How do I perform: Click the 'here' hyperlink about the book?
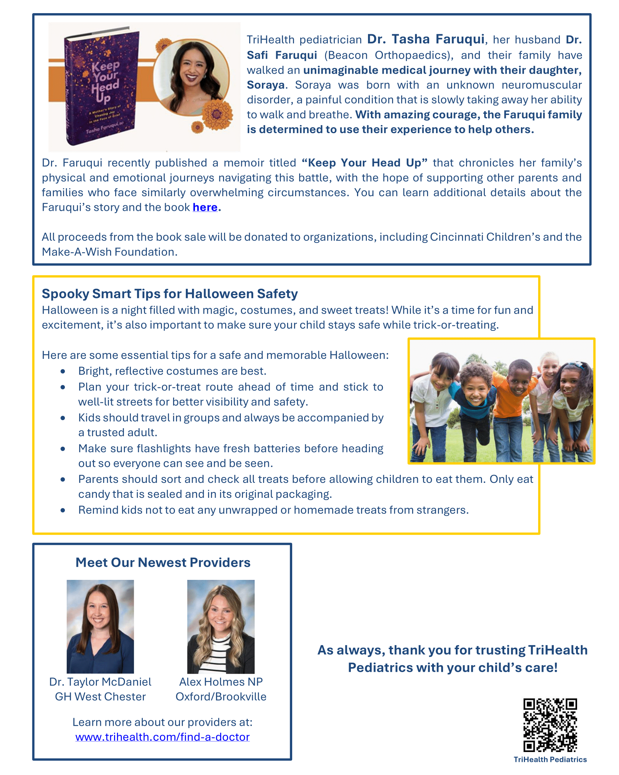point(205,207)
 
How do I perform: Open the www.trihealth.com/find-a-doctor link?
point(162,737)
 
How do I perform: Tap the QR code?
point(550,725)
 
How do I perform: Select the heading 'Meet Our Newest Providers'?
point(163,562)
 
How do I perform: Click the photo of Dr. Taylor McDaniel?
point(100,626)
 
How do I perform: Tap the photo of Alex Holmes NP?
point(221,626)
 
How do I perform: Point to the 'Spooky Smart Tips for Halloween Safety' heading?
point(170,294)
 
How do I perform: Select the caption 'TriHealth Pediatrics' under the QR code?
point(550,759)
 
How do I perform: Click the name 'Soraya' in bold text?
point(266,85)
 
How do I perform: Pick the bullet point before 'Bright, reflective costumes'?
point(63,371)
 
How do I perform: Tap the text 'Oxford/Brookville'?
point(221,697)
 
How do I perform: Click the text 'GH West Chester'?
point(100,697)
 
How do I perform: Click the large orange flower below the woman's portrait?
point(218,114)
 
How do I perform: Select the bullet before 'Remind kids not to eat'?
point(63,510)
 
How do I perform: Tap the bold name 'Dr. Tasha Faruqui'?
point(426,39)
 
